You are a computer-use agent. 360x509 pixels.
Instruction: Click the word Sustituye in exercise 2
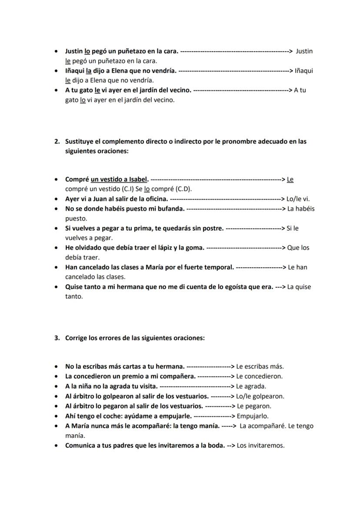[x=80, y=141]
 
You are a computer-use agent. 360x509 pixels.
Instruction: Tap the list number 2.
[x=57, y=141]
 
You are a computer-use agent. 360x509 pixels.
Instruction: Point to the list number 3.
[x=57, y=338]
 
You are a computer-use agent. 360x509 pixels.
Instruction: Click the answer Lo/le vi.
[x=298, y=199]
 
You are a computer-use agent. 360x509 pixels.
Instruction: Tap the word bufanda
[x=172, y=209]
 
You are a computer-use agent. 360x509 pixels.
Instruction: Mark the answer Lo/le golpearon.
[x=260, y=396]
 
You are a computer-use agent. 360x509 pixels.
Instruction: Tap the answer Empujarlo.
[x=252, y=416]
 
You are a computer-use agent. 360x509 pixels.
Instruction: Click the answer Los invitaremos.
[x=260, y=446]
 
